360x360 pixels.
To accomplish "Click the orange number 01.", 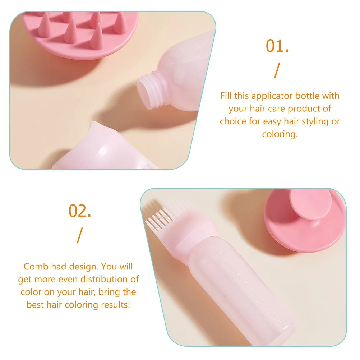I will point(277,46).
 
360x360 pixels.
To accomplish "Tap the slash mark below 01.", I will point(276,71).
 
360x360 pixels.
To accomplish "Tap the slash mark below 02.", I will point(79,236).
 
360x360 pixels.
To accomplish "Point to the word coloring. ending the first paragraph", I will point(280,134).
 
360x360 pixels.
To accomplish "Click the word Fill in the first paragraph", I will point(226,96).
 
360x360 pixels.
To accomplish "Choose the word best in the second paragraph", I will point(35,305).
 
